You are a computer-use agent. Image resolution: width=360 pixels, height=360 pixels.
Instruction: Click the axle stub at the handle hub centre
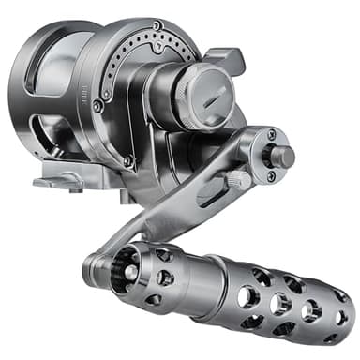tap(280, 154)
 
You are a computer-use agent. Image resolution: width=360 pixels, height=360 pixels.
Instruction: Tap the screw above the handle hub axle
tap(272, 135)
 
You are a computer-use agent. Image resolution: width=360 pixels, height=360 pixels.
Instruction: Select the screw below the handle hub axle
tap(272, 175)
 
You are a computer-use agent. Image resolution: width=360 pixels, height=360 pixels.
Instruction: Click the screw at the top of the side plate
tap(158, 26)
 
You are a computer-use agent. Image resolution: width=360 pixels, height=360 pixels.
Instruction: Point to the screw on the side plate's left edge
tap(105, 94)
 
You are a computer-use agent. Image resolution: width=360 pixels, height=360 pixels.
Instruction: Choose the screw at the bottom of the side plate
tap(129, 161)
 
